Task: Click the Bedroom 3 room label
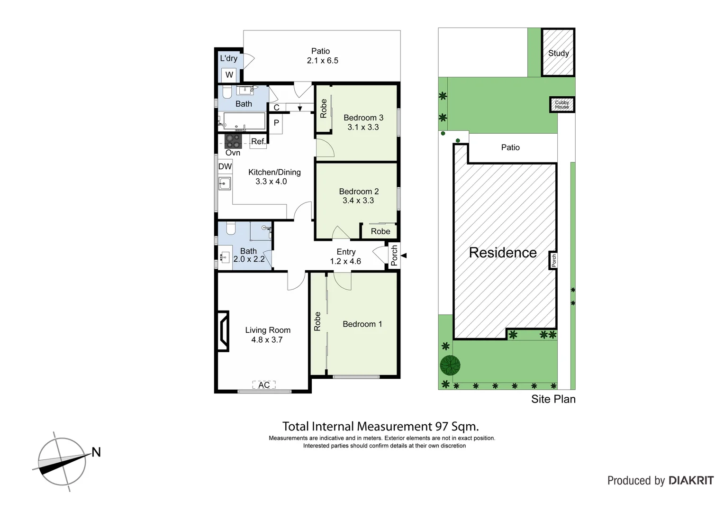pos(363,118)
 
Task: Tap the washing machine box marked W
pos(229,75)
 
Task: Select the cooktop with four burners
pos(233,141)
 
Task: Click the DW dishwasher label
pos(225,166)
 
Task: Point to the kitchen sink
pos(225,183)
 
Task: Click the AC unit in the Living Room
pos(264,385)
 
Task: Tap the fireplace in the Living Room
pos(223,331)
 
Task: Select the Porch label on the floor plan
pos(394,256)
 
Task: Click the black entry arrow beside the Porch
pos(404,256)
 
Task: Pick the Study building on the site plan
pos(558,53)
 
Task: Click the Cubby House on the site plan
pos(562,105)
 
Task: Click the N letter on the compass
pos(96,452)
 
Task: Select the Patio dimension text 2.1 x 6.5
pos(322,61)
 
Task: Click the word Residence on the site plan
pos(503,253)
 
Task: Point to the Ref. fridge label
pos(258,141)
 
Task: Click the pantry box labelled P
pos(276,123)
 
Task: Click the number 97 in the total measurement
pos(442,426)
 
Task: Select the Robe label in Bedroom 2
pos(380,231)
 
